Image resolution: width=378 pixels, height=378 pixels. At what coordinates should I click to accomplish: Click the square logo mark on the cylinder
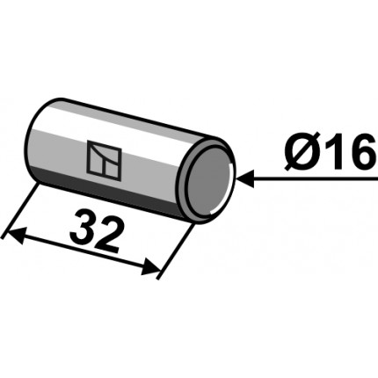102,159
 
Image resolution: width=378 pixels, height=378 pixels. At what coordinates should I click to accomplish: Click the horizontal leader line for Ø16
308,180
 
